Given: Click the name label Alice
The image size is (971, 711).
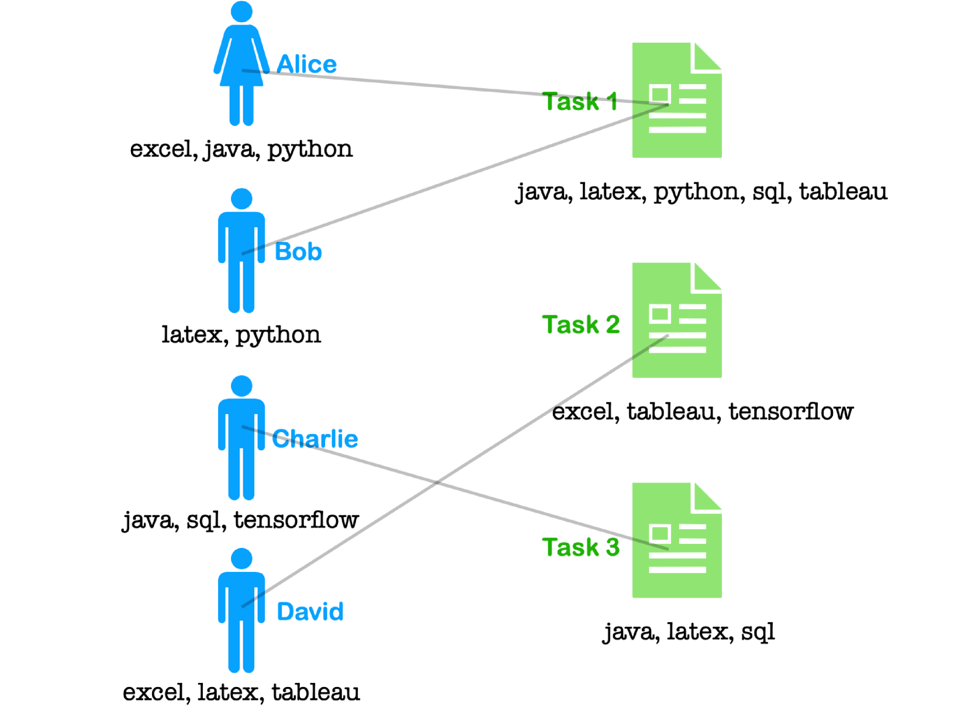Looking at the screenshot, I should point(306,64).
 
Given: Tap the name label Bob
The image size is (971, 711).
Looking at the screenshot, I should point(298,252).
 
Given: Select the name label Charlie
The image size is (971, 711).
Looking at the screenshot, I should point(315,439).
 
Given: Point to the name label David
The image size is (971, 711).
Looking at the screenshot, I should point(310,612).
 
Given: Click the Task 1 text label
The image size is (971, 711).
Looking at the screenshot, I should point(579,102).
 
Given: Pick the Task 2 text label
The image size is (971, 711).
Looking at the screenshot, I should point(580,325).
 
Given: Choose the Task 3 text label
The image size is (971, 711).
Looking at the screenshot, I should point(580,547).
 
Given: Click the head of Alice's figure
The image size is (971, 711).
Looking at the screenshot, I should point(241,12).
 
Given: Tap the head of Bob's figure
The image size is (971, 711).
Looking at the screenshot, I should point(241,199).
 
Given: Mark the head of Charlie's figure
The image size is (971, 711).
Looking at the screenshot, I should point(241,386).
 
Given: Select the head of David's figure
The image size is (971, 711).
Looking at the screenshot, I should point(241,559).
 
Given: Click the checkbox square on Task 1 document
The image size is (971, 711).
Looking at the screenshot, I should point(659,94).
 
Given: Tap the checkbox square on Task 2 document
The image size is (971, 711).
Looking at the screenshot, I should point(659,314).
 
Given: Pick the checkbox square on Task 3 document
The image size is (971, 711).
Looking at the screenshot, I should point(659,533).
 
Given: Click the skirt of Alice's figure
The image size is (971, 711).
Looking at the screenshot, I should point(241,73).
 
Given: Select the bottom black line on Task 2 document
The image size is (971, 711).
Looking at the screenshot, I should point(677,351).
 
